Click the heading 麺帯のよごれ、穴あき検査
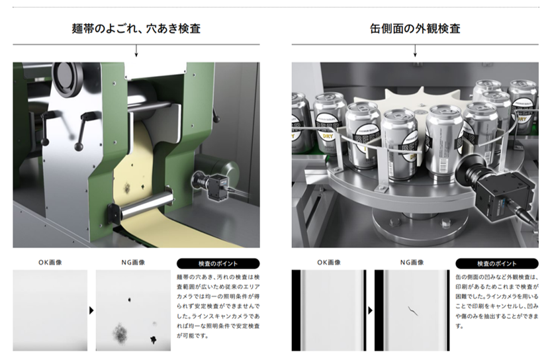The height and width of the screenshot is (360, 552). click(136, 28)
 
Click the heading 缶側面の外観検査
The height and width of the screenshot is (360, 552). click(415, 28)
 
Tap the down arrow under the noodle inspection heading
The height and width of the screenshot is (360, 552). click(136, 51)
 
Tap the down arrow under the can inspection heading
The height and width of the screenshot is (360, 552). click(415, 51)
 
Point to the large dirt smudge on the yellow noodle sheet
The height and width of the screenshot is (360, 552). click(126, 188)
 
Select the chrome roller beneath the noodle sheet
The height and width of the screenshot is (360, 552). click(146, 208)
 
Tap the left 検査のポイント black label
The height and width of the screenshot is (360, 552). click(218, 263)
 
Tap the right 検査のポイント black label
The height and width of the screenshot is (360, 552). click(496, 263)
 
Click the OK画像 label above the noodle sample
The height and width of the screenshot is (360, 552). click(50, 263)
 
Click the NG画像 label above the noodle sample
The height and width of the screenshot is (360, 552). click(133, 263)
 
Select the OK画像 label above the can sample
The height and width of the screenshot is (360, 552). click(329, 263)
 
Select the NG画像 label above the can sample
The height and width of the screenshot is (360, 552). click(412, 263)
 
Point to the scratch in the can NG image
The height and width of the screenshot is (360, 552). click(412, 310)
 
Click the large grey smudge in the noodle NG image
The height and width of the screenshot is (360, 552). click(120, 333)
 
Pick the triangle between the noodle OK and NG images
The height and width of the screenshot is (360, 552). click(91, 310)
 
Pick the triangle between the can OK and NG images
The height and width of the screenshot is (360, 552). click(370, 310)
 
